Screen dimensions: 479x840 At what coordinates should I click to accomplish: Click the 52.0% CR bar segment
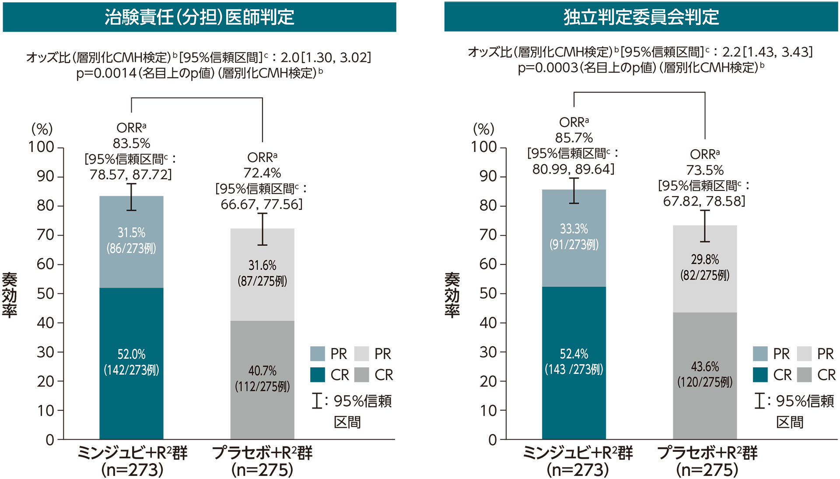(131, 363)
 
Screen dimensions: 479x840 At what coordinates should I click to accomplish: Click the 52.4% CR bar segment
(574, 363)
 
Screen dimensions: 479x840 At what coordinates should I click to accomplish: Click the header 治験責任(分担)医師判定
(199, 17)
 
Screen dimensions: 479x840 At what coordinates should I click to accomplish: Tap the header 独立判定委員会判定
(641, 17)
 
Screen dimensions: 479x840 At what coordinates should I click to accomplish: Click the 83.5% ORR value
(131, 143)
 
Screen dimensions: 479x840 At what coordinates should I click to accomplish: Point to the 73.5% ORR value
(704, 170)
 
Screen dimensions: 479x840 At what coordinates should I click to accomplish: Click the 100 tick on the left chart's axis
(42, 147)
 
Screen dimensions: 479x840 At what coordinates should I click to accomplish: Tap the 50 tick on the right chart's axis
(488, 293)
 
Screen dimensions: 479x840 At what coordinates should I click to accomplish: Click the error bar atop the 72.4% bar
(262, 229)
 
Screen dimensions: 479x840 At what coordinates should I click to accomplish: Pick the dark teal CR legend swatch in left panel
(318, 375)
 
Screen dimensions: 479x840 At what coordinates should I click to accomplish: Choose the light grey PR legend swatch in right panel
(804, 353)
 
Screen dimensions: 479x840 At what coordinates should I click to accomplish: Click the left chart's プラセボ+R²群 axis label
(262, 453)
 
